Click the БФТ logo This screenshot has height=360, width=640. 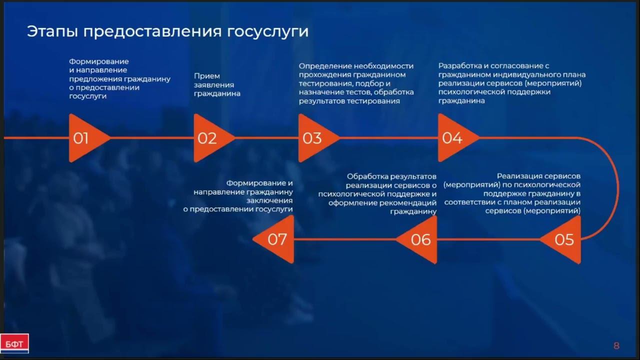[14, 343]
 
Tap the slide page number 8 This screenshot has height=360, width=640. [616, 345]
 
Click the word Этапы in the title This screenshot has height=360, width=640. [52, 31]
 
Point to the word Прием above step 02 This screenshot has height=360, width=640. [206, 76]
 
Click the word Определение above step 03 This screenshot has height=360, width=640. [325, 65]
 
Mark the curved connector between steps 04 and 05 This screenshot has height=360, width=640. [618, 187]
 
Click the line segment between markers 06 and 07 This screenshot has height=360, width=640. [345, 239]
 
